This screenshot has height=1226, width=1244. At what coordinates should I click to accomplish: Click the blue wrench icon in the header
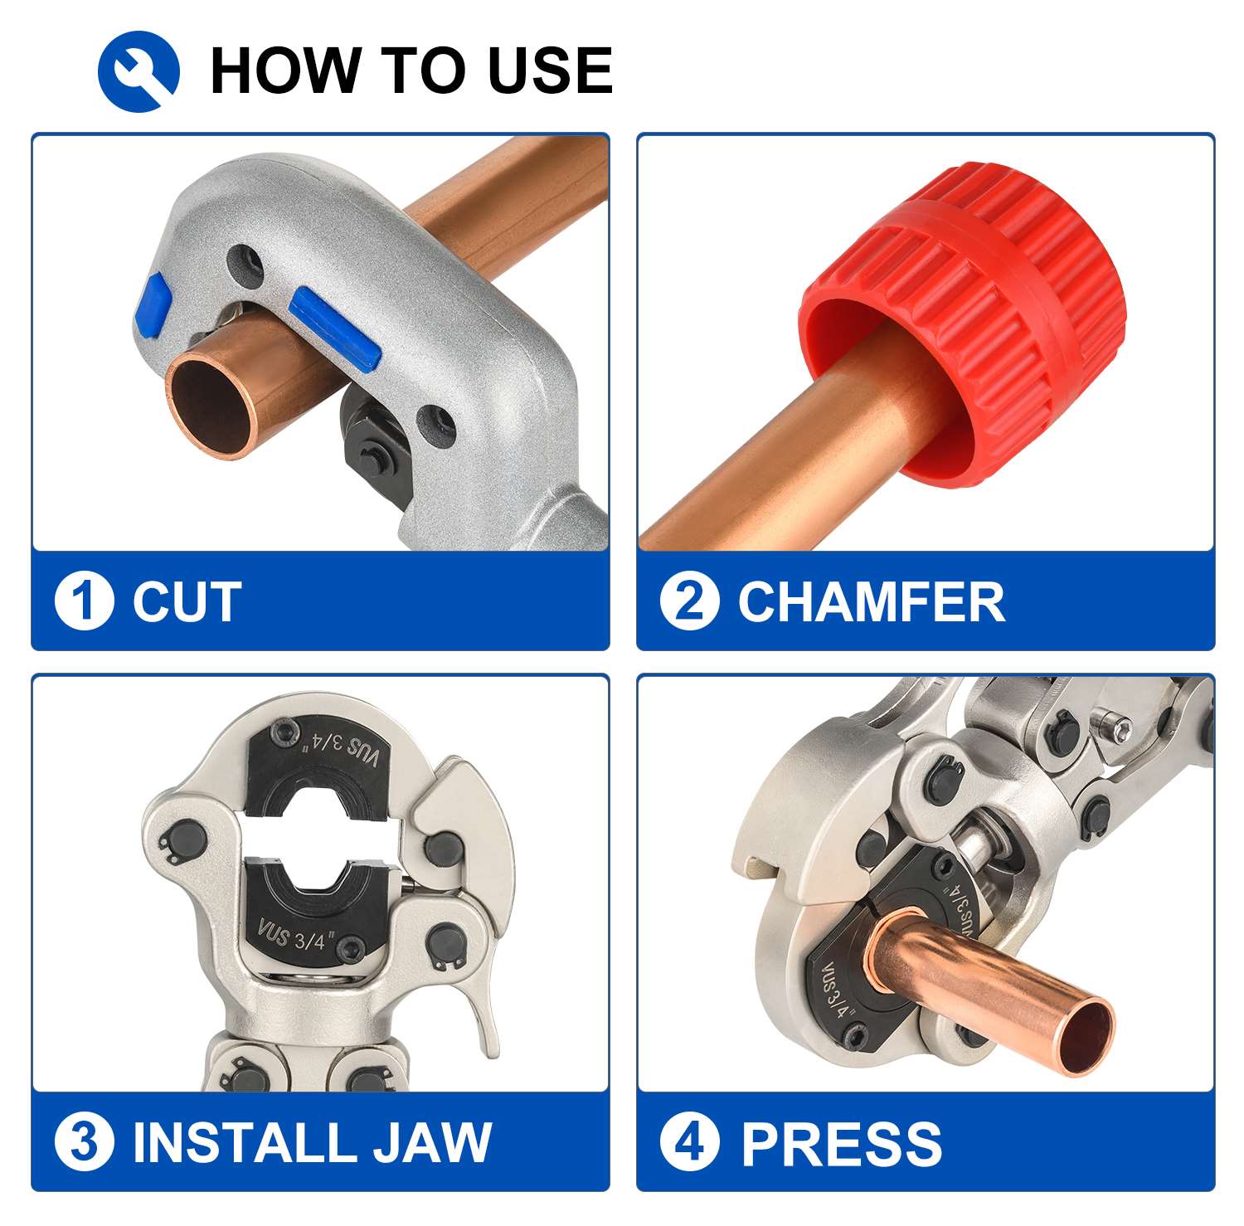(138, 71)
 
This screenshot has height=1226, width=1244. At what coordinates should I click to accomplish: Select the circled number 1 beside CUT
(84, 601)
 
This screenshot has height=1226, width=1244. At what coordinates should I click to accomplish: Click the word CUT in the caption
(187, 601)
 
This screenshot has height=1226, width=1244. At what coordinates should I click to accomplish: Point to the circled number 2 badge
(689, 601)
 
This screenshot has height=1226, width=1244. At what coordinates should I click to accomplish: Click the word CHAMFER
(871, 601)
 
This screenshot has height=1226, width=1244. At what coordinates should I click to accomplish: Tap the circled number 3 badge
(84, 1142)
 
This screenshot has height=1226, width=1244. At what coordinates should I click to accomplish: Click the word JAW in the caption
(431, 1142)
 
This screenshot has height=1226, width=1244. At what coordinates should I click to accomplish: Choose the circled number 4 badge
(689, 1142)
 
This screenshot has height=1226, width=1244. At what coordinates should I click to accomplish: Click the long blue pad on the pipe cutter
(335, 327)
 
